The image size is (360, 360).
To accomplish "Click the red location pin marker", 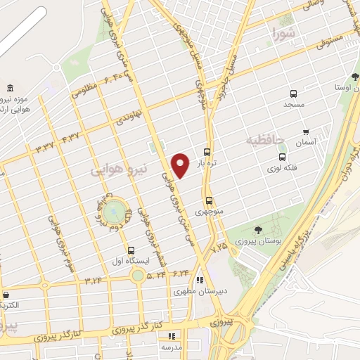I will (x=181, y=165).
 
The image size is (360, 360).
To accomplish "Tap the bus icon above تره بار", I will (x=207, y=152).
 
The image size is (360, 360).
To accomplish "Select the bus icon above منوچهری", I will (x=208, y=200).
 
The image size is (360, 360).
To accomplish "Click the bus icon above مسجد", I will (x=293, y=94).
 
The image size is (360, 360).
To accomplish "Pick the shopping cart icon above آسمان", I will (x=305, y=131).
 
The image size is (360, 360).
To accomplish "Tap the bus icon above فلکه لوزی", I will (x=282, y=157).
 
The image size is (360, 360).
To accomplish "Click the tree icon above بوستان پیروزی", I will (x=259, y=230).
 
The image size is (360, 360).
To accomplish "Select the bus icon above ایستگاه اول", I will (x=131, y=250).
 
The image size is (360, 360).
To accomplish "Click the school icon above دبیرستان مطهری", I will (x=200, y=279).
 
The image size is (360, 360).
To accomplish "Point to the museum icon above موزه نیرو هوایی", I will (x=9, y=89).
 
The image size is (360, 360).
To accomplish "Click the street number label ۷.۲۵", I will (x=219, y=246).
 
